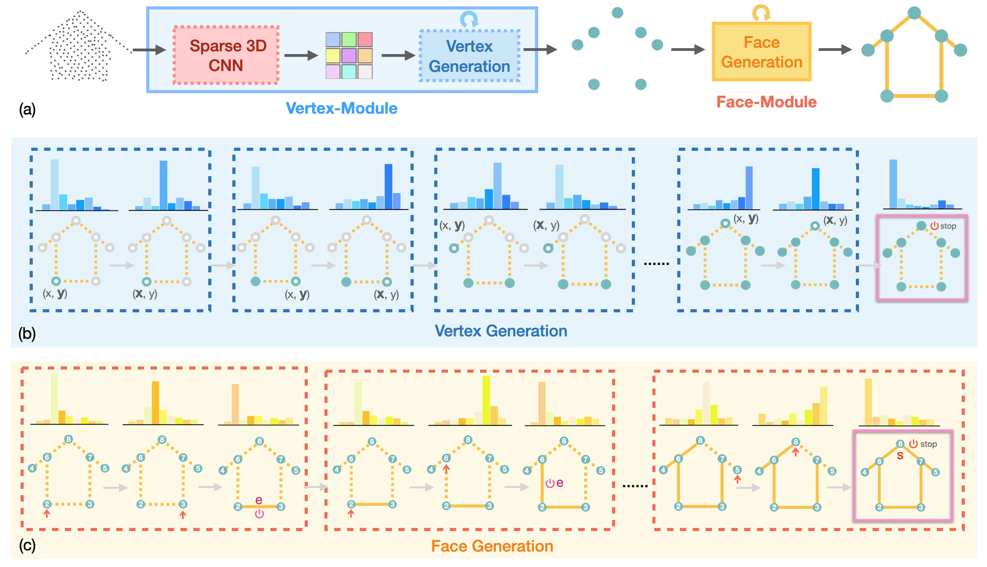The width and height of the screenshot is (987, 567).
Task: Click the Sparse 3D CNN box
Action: tap(226, 55)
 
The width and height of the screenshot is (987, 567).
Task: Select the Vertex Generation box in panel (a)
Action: tap(469, 56)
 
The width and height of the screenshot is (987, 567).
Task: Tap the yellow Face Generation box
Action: tap(761, 52)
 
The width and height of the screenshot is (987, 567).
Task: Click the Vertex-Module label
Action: tap(341, 108)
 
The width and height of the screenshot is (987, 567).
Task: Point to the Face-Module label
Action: tap(766, 102)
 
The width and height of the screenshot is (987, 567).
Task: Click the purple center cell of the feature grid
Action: tap(349, 56)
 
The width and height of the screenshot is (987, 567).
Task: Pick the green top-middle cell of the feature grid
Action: tap(349, 39)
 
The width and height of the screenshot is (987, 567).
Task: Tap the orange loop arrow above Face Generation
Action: tap(761, 12)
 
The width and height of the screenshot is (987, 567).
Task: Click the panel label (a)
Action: tap(27, 109)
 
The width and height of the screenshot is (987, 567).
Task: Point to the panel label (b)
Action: tap(27, 334)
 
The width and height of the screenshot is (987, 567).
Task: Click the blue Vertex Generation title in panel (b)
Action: tap(501, 331)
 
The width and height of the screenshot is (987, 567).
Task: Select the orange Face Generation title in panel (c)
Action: tap(492, 546)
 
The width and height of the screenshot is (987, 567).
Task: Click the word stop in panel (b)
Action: tap(948, 226)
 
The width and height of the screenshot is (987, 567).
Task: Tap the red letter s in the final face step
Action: tap(900, 456)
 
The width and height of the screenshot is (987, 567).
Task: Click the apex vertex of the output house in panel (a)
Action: tap(914, 13)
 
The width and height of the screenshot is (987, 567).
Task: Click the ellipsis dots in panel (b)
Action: tap(656, 263)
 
